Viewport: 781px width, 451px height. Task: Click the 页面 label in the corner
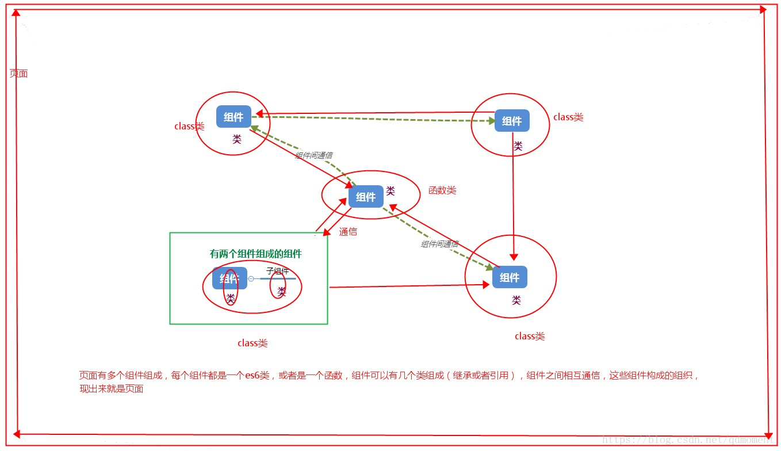18,74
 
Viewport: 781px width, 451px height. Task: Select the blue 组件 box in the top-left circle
233,117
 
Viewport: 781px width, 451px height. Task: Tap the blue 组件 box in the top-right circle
511,121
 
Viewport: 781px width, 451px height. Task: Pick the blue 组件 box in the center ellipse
366,197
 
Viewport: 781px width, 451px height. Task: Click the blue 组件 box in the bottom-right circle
510,277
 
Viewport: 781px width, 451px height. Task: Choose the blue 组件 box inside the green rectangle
229,278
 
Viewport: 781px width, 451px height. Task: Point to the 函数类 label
442,190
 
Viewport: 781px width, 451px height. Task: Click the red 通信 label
348,232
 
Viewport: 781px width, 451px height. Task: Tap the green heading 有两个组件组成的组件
255,254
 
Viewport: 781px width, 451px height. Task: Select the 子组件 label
277,271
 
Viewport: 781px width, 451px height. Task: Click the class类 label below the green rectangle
252,343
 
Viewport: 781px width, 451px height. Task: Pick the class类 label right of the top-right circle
568,117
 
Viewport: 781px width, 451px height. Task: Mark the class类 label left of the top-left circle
189,126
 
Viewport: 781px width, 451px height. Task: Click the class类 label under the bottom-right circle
530,337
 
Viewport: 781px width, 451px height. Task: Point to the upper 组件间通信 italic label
313,155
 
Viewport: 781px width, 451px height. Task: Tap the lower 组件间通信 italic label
439,244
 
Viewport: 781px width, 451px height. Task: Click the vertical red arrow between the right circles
513,201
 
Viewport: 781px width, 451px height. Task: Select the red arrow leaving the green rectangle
403,286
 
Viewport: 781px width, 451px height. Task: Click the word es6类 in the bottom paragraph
257,376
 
